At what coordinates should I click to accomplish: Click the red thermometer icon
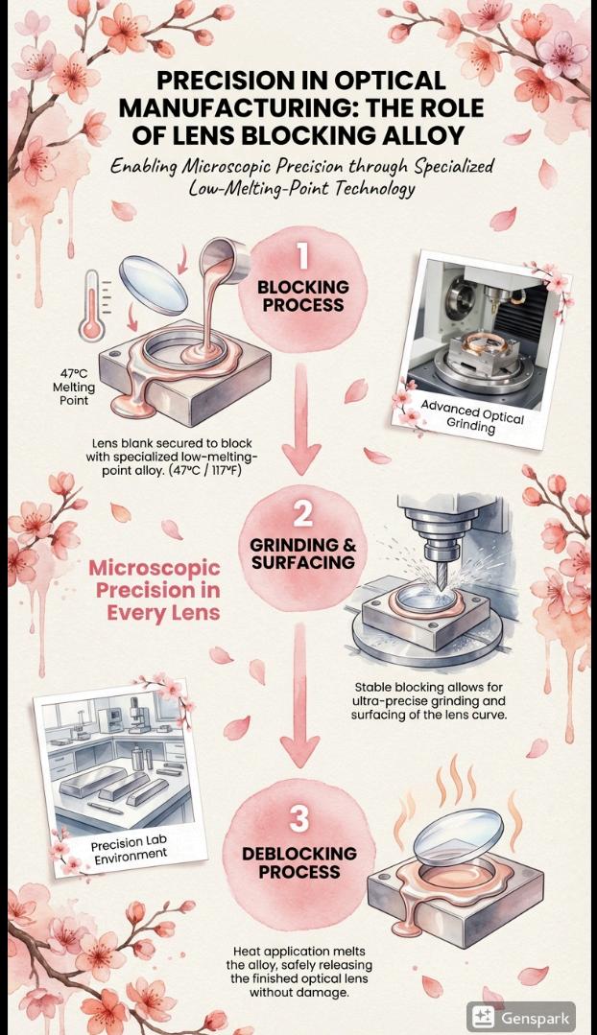pyautogui.click(x=92, y=305)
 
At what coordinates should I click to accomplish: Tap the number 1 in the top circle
pyautogui.click(x=302, y=255)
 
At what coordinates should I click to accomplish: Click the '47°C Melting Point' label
pyautogui.click(x=74, y=387)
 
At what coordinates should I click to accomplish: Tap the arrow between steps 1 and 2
pyautogui.click(x=301, y=420)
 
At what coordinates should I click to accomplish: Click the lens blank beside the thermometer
pyautogui.click(x=154, y=283)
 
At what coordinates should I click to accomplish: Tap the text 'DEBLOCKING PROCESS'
pyautogui.click(x=299, y=862)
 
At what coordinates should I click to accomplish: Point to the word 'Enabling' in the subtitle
pyautogui.click(x=141, y=166)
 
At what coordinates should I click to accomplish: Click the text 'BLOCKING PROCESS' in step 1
pyautogui.click(x=302, y=295)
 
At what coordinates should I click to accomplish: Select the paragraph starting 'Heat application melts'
pyautogui.click(x=299, y=972)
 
